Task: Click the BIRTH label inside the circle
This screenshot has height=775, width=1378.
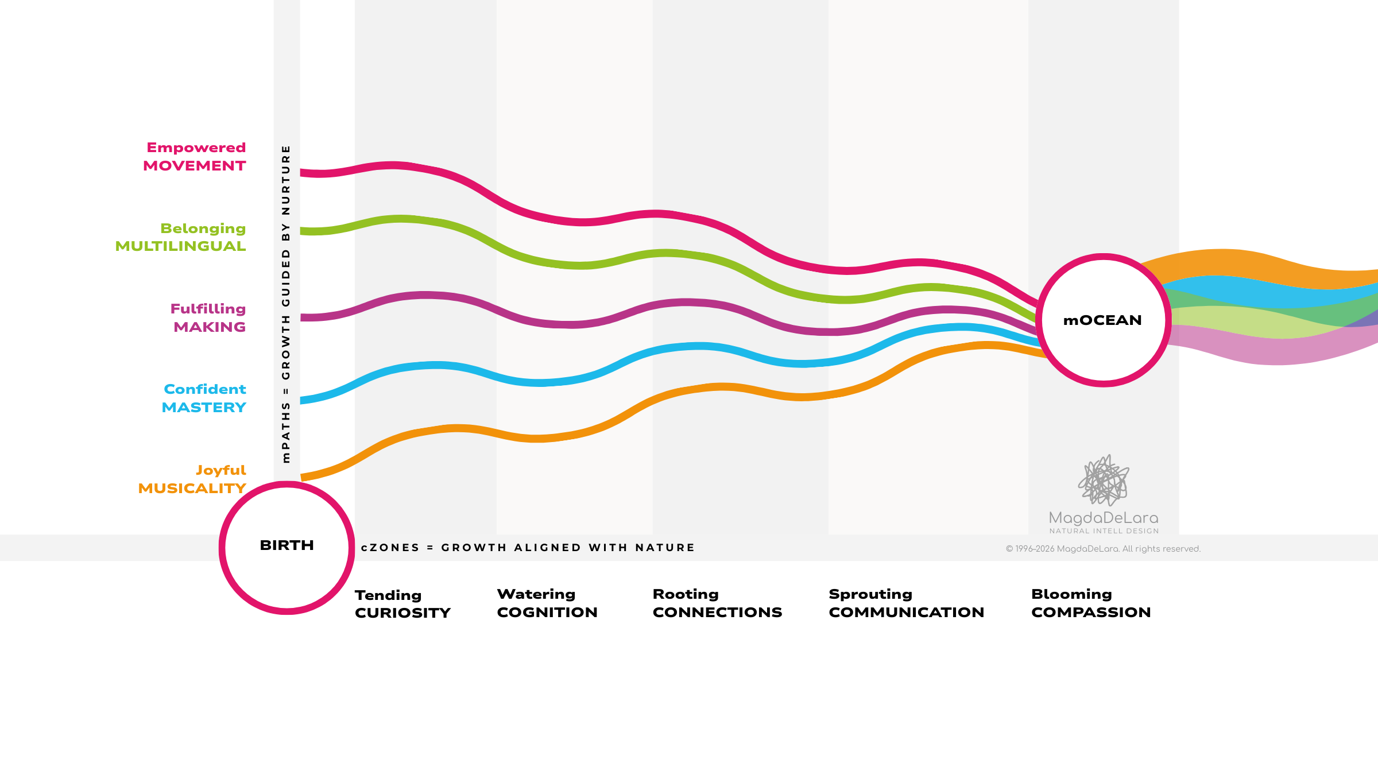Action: point(287,545)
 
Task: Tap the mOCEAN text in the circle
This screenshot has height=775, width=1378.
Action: point(1102,320)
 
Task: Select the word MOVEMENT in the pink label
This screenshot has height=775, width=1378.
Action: point(195,166)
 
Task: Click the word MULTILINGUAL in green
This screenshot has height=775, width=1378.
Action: point(180,246)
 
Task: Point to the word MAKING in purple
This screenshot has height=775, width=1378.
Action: point(210,327)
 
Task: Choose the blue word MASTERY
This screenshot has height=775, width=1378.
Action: point(204,408)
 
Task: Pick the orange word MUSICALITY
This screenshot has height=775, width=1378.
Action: point(192,489)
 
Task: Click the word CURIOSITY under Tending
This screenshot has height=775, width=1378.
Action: point(402,613)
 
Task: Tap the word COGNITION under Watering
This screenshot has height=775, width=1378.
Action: point(547,613)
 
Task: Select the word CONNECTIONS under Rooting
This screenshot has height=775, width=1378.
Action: point(717,613)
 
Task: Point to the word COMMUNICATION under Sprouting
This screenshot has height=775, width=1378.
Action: point(906,613)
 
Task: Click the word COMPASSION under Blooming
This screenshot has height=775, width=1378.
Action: point(1091,613)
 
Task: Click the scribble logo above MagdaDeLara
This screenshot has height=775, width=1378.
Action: point(1104,480)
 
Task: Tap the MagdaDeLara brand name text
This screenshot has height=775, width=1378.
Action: point(1104,518)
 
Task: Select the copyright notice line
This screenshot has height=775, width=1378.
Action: point(1103,549)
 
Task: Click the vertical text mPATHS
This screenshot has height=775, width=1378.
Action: point(286,433)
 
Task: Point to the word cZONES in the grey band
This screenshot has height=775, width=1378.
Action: point(390,548)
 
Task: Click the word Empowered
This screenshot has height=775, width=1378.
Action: point(196,148)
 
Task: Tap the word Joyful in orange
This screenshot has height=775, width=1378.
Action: point(221,470)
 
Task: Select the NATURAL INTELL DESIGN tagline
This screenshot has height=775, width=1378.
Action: point(1104,531)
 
